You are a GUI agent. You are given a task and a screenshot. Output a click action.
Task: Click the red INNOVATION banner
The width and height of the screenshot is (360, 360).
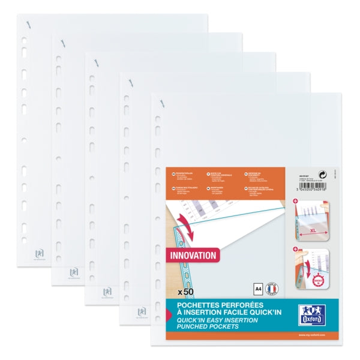(x=193, y=254)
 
